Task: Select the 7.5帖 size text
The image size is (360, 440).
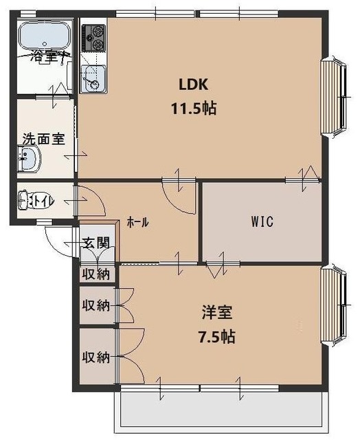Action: (218, 338)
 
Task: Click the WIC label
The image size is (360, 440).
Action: (262, 222)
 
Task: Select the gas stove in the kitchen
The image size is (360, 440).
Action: (93, 37)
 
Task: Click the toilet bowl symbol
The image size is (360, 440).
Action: (32, 200)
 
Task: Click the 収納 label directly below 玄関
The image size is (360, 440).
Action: (96, 274)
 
